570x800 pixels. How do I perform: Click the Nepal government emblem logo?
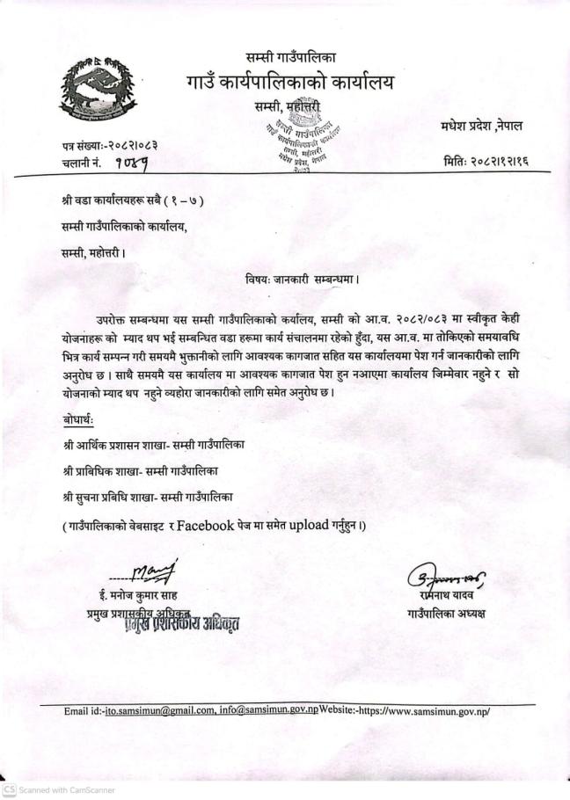click(98, 87)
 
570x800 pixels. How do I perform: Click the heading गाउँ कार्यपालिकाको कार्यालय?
click(290, 84)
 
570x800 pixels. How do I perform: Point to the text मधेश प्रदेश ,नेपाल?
click(482, 127)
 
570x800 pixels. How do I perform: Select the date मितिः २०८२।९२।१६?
click(486, 161)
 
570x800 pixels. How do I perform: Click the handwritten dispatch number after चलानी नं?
click(132, 163)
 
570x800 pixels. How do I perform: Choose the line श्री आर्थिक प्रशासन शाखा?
click(154, 446)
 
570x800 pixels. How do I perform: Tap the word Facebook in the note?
click(205, 527)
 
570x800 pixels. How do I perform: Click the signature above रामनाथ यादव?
click(445, 578)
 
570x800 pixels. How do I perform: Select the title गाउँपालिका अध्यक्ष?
click(446, 613)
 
